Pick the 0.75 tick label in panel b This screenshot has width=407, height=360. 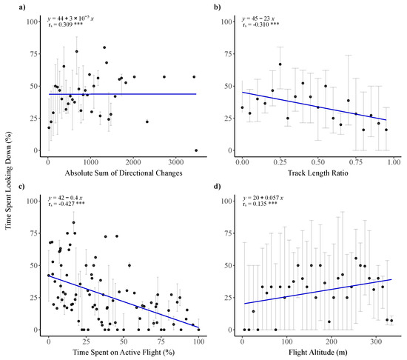coord(354,161)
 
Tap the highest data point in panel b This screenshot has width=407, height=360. coord(280,64)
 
